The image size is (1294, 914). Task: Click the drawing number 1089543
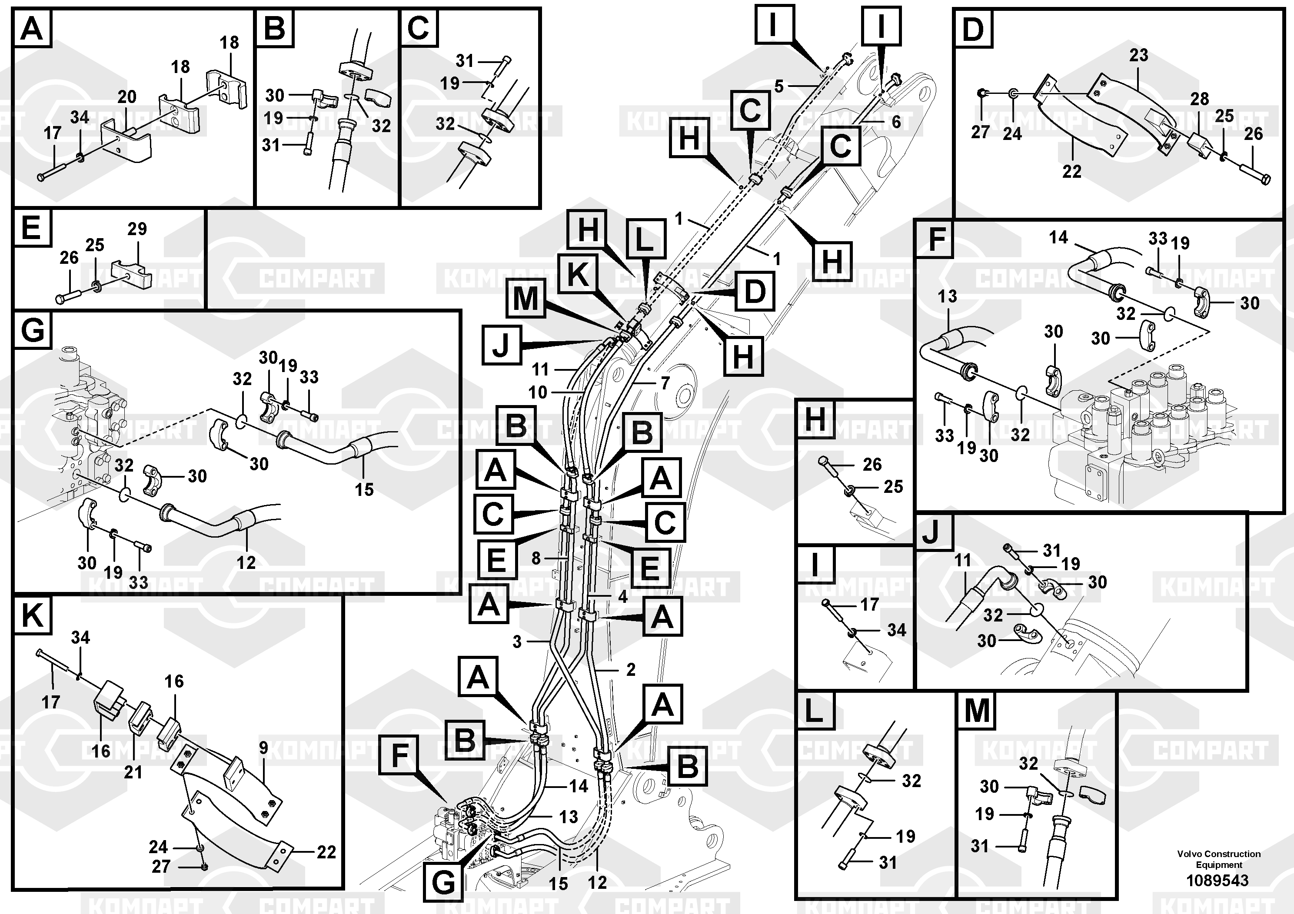1217,880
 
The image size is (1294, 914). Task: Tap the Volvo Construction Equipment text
1218,859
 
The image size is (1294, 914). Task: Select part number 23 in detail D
1138,55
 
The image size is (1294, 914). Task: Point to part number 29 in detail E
137,229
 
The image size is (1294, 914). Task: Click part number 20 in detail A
127,97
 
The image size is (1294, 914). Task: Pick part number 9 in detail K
264,748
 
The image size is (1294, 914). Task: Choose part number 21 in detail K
133,772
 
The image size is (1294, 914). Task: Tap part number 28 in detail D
1199,99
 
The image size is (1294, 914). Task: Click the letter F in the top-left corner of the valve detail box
937,239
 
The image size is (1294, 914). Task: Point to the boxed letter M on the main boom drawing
525,299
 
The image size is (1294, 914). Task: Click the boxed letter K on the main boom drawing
578,275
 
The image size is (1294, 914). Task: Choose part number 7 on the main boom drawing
665,383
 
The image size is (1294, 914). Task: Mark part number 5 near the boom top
779,86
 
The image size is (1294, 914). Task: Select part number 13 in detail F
947,296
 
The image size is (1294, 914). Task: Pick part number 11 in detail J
963,560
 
